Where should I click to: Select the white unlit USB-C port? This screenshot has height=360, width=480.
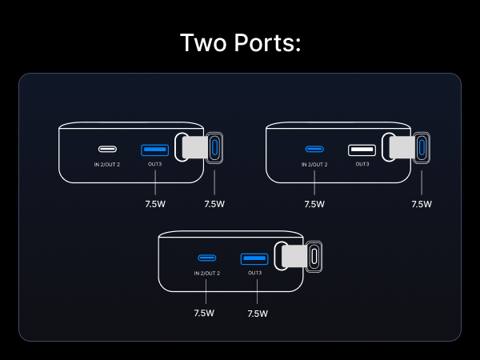pos(106,149)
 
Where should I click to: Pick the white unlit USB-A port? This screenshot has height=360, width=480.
pos(362,149)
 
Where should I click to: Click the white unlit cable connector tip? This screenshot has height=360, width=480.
pos(314,256)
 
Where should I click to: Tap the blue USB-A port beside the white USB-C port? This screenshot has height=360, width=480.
pos(154,149)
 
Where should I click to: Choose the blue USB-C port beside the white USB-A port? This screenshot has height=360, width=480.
pos(314,149)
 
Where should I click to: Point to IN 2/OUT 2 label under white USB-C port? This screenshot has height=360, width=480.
pos(106,164)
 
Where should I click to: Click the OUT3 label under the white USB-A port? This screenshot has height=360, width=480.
pos(362,164)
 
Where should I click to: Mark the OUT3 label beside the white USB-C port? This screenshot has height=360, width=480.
pos(154,164)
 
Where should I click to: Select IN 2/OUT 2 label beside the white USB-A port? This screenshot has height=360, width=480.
pos(314,164)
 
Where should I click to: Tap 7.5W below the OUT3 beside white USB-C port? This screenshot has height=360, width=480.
pos(154,204)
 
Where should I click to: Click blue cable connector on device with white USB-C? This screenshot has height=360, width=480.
pos(214,148)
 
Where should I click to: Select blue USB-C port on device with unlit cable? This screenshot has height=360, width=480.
pos(207,258)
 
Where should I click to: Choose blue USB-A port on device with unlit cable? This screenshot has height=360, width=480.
pos(254,258)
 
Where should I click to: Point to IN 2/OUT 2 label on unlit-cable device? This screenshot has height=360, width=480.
pos(207,273)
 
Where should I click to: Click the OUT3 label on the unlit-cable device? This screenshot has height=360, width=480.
pos(254,273)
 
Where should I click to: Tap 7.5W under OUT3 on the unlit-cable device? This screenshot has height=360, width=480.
pos(258,314)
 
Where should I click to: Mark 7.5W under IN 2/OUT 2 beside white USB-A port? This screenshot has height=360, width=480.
pos(314,204)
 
